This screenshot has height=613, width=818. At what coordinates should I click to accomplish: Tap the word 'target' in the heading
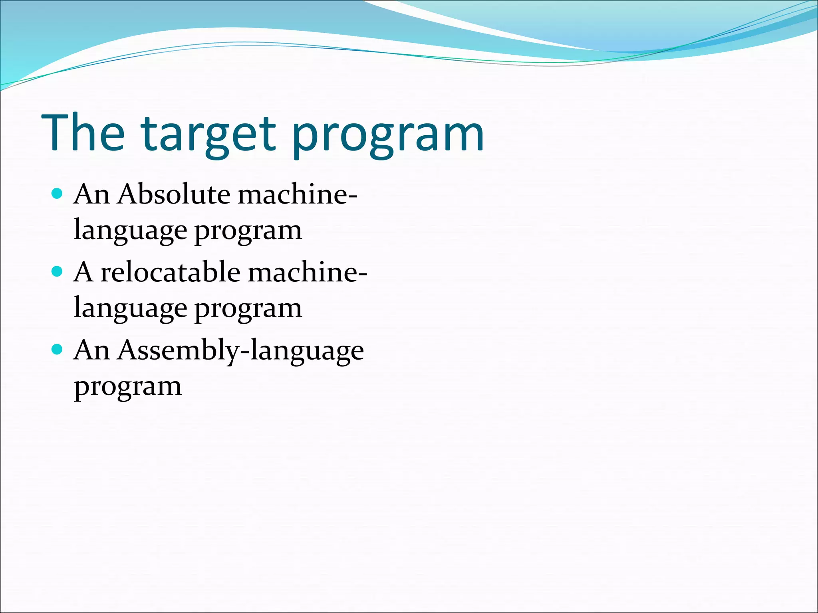pyautogui.click(x=208, y=136)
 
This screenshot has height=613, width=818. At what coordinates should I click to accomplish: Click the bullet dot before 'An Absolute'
pyautogui.click(x=58, y=194)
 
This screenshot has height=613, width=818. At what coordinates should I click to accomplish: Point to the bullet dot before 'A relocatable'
pyautogui.click(x=58, y=272)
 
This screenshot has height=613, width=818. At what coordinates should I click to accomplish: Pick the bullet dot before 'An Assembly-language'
pyautogui.click(x=58, y=350)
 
